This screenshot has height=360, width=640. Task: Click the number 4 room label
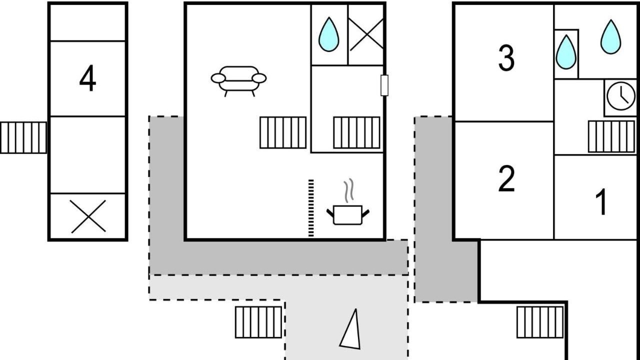pos(87,79)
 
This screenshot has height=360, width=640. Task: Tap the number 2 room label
pos(506,179)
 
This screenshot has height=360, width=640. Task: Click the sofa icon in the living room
pos(238,80)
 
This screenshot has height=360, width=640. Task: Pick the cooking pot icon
pos(347,214)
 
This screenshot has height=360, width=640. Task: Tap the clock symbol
pos(620,95)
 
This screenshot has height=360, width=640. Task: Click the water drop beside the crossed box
pos(328,34)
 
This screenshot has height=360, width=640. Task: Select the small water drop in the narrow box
pos(566,52)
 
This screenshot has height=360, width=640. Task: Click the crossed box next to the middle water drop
pos(366,34)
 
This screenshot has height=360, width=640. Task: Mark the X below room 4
pos(88,216)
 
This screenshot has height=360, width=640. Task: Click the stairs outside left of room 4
pos(23,137)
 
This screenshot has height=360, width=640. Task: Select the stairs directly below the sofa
pos(283,132)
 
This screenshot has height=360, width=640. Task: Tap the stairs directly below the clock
pos(611,136)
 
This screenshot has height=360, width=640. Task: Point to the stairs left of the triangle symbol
pos(258,322)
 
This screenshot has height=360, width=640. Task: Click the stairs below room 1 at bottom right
pos(540,322)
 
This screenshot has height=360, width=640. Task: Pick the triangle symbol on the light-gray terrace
pos(351,329)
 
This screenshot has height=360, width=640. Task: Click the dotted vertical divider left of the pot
pos(311,208)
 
